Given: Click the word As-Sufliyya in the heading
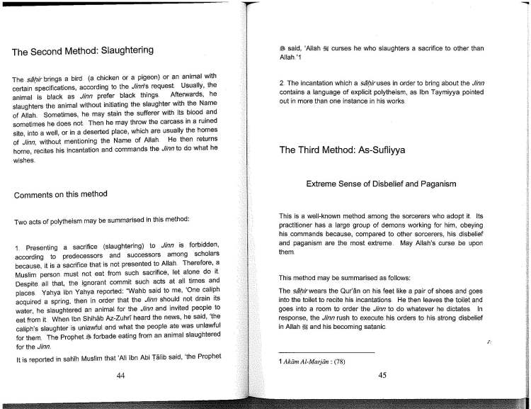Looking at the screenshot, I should (x=382, y=150).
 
